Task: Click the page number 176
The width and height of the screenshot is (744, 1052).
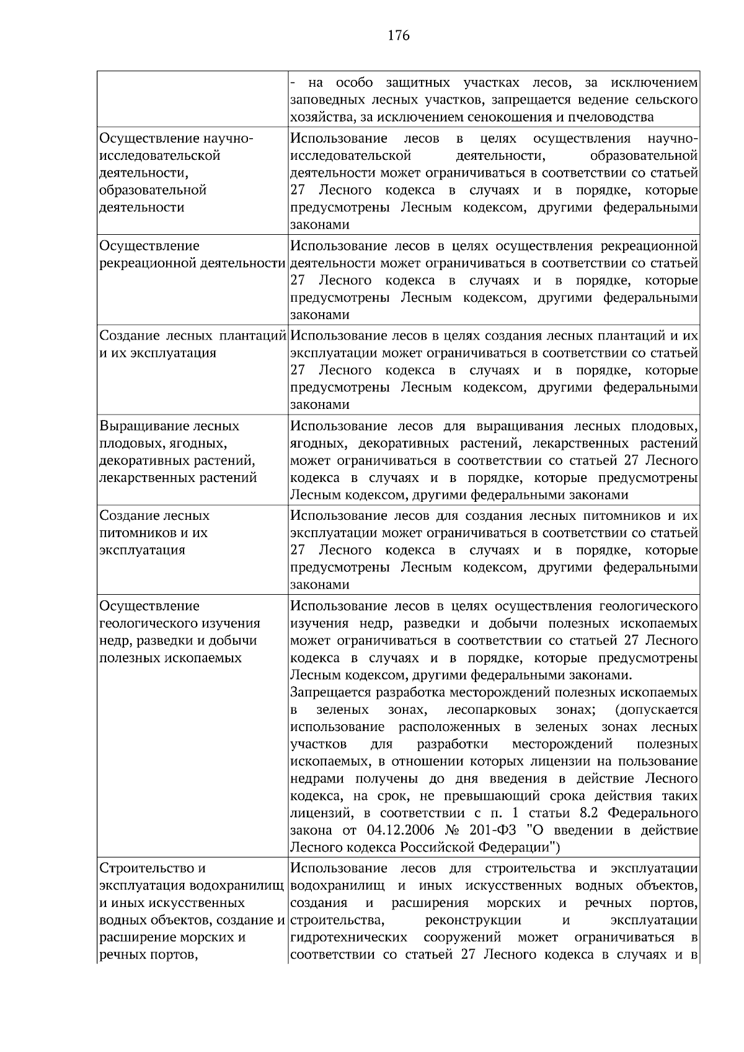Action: click(399, 35)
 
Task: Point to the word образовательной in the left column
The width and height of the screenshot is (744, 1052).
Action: click(153, 190)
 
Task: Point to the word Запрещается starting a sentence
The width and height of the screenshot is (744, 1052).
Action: click(329, 692)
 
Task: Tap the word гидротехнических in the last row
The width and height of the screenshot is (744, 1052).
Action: click(348, 937)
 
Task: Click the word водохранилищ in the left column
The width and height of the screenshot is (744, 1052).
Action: click(241, 885)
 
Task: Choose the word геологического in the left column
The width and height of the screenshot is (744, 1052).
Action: click(149, 623)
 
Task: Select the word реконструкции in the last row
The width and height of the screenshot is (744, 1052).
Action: click(474, 920)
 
